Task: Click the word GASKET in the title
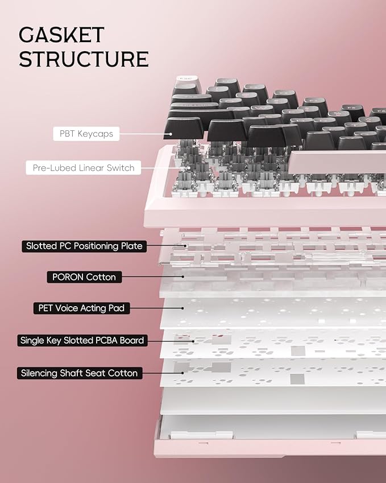click(61, 35)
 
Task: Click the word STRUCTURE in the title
click(84, 59)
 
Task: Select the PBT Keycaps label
click(86, 134)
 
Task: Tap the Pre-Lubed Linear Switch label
click(84, 168)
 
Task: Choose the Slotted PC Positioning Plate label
click(84, 246)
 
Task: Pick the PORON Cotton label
click(84, 277)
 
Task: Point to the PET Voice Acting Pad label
click(81, 308)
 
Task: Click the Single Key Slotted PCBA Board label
click(82, 340)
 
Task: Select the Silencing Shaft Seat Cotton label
click(80, 373)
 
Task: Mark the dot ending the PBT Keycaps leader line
click(169, 134)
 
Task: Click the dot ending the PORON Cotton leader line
click(183, 277)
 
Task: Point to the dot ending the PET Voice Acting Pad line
click(183, 308)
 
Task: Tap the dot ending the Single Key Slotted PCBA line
click(193, 341)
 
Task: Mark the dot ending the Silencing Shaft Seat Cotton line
click(183, 373)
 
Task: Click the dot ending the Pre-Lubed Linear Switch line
click(189, 168)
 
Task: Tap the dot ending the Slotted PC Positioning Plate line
click(185, 246)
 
